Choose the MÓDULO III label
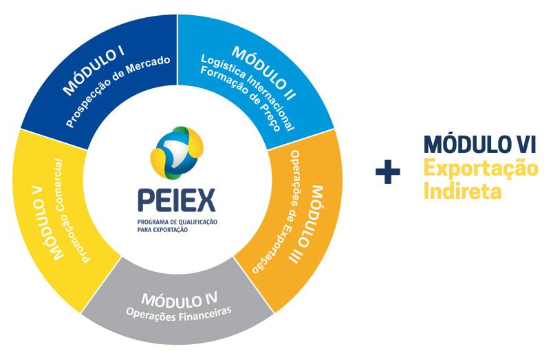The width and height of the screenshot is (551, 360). (307, 221)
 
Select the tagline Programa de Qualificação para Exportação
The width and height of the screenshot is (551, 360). (177, 227)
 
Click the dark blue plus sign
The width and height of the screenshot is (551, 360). (388, 173)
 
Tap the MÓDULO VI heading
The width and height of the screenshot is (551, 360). (480, 145)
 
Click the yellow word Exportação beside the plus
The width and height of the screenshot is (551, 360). (480, 169)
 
